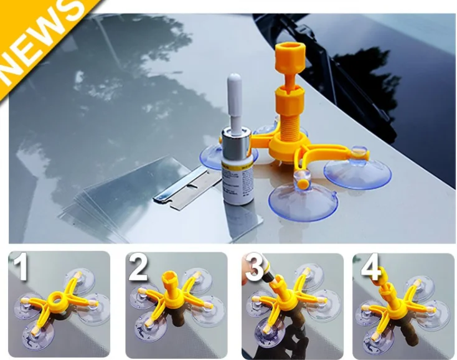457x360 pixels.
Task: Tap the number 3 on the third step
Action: click(x=255, y=268)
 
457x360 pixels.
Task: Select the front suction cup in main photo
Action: click(x=303, y=199)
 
